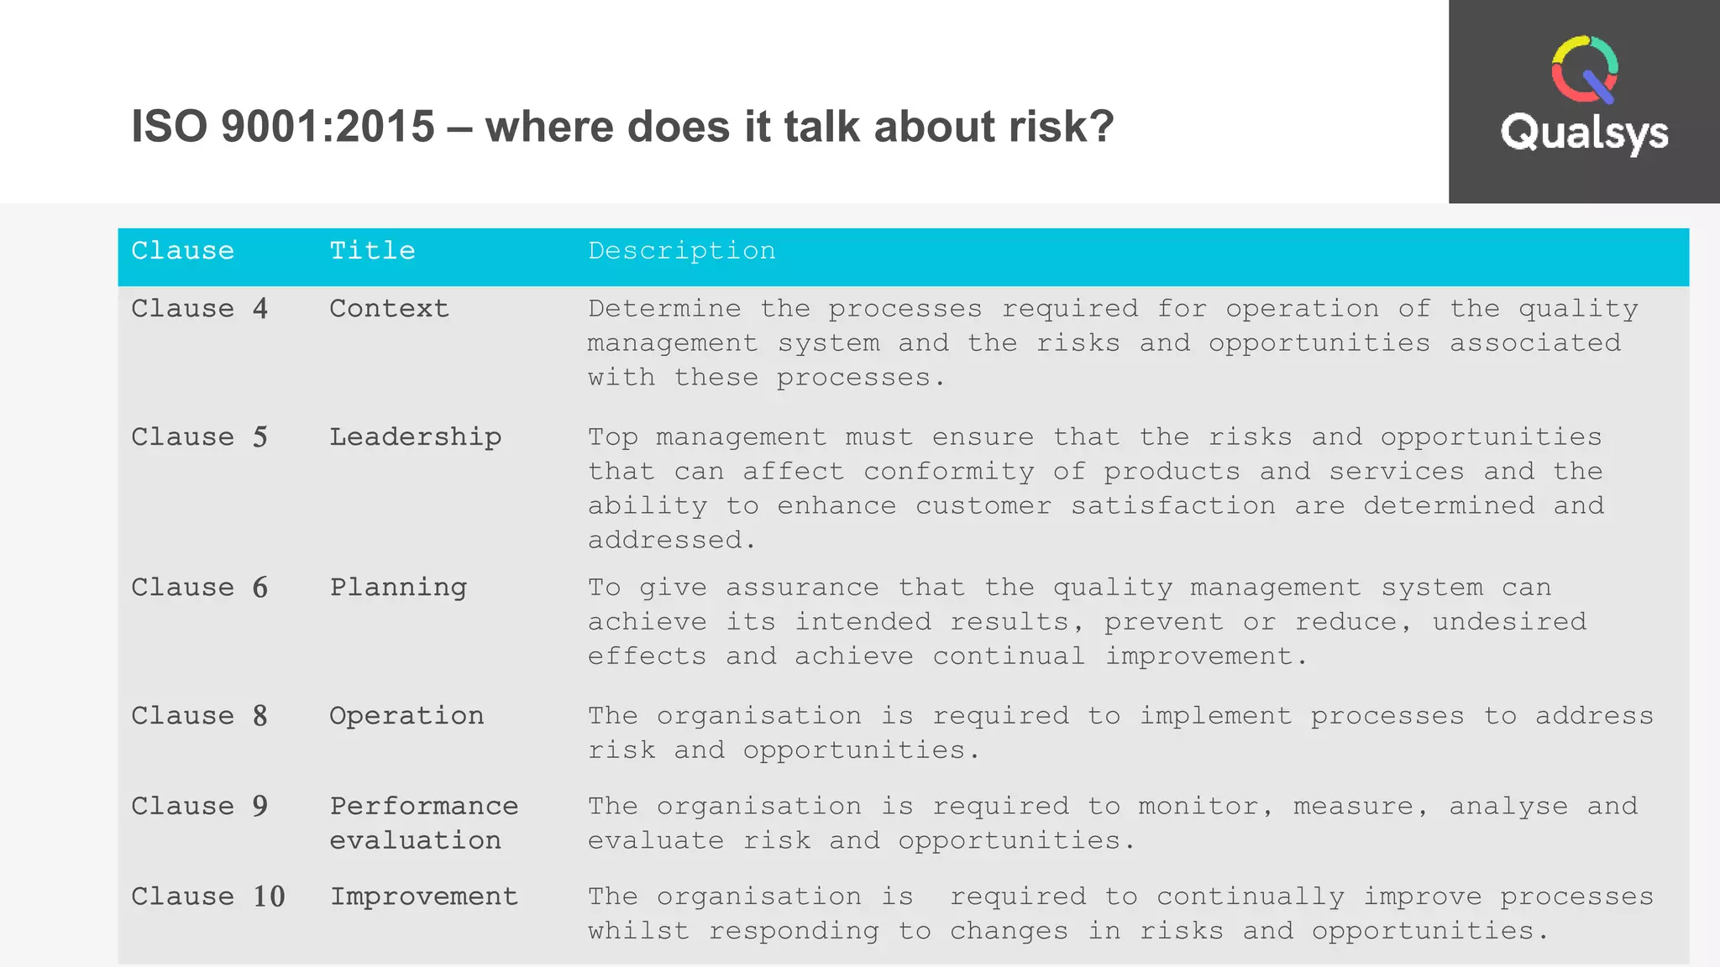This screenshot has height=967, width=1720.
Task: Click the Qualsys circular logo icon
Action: [x=1584, y=70]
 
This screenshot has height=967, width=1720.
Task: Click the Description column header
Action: [x=681, y=251]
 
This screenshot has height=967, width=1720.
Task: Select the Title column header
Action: [x=372, y=251]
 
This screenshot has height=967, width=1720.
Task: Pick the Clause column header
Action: [x=182, y=251]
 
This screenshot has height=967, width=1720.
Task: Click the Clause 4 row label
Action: [x=199, y=309]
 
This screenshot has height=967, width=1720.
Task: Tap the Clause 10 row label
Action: [x=207, y=896]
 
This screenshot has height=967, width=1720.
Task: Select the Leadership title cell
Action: [x=415, y=437]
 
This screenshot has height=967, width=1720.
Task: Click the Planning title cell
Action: [x=398, y=588]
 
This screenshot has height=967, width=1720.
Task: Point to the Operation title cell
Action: [x=406, y=716]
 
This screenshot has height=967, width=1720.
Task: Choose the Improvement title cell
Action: [x=423, y=896]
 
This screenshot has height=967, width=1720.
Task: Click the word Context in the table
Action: [x=389, y=309]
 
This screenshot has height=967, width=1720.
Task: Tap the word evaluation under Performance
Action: [x=415, y=840]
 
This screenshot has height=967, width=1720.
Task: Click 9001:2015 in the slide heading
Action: [x=328, y=127]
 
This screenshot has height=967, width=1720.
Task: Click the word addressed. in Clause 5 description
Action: [x=671, y=540]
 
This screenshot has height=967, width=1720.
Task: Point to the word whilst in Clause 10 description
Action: [x=638, y=931]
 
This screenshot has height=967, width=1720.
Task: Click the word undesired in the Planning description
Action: [x=1509, y=622]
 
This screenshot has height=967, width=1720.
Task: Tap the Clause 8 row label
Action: [x=199, y=716]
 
